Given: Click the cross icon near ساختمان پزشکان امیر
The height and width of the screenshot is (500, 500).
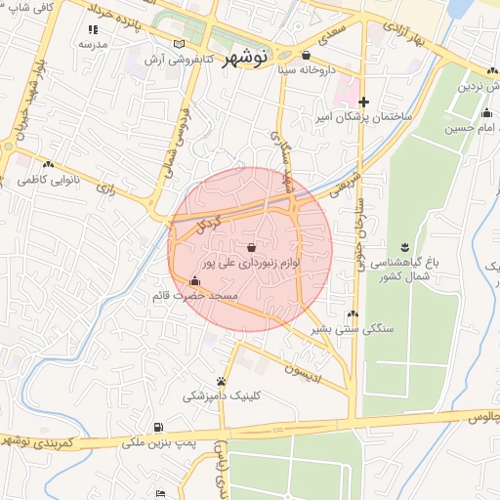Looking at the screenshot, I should [x=363, y=102].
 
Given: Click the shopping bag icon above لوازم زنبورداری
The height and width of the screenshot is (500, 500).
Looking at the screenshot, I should [x=253, y=246].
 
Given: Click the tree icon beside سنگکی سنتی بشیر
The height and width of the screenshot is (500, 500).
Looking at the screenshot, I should [x=354, y=314].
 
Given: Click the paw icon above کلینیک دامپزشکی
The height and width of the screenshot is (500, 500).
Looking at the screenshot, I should [x=222, y=381].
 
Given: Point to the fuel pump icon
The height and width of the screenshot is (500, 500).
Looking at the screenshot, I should [x=158, y=428].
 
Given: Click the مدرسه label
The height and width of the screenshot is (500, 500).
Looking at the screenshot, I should [x=92, y=45].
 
